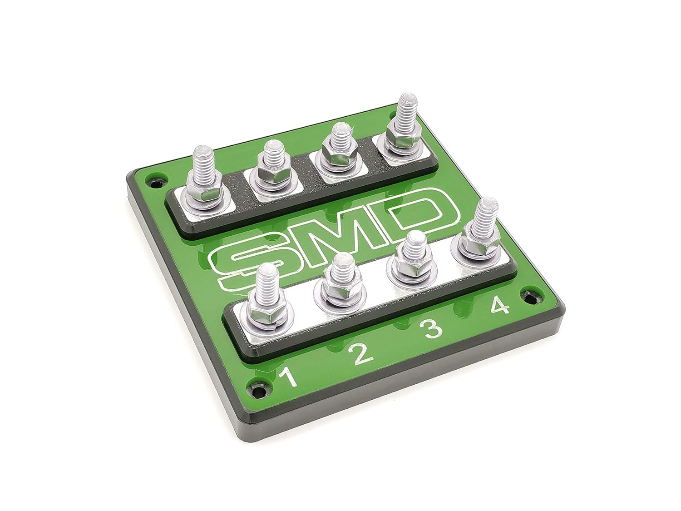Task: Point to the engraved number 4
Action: [499, 307]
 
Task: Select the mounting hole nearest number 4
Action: [531, 298]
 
